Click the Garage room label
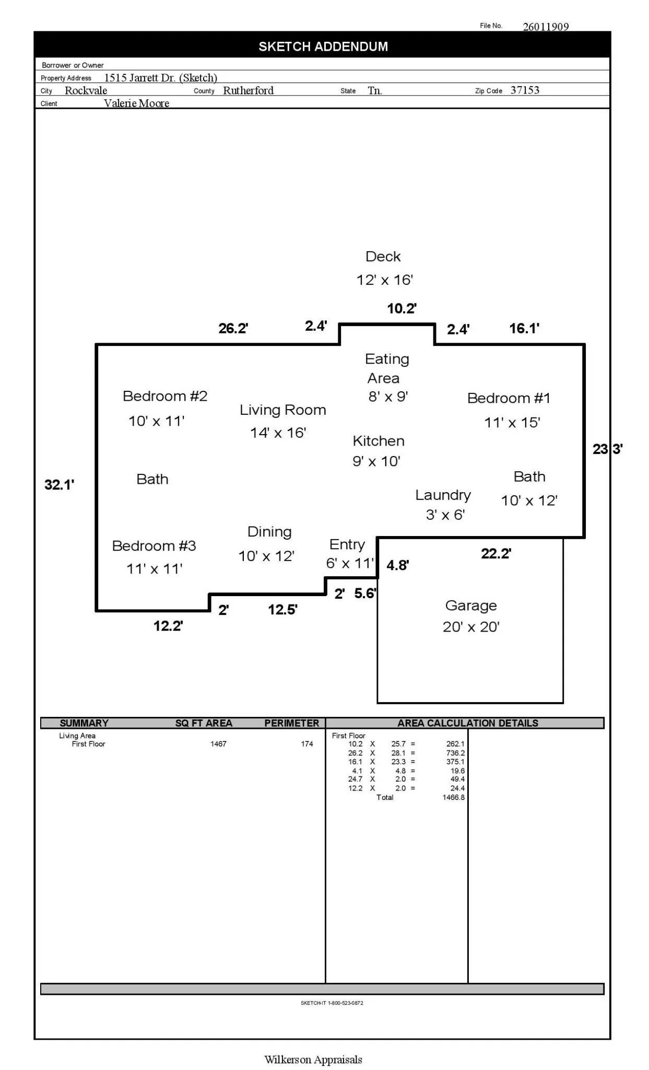[x=470, y=606]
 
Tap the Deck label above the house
[x=383, y=257]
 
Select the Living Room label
[x=282, y=410]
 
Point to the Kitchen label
[x=378, y=441]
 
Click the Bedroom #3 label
[x=154, y=546]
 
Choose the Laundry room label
[x=443, y=495]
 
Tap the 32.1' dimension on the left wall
[x=59, y=485]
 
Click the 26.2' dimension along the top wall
[x=233, y=329]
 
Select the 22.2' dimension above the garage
[x=495, y=554]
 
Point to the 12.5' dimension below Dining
[x=282, y=610]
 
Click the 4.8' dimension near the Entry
[x=397, y=565]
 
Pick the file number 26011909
[x=546, y=27]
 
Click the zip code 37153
[x=525, y=90]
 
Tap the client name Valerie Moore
[x=136, y=103]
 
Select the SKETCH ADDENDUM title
[x=323, y=46]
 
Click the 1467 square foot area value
[x=218, y=743]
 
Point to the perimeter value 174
[x=307, y=743]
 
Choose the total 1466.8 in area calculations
[x=453, y=797]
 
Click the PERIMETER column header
[x=291, y=723]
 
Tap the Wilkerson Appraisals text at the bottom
[x=313, y=1060]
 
